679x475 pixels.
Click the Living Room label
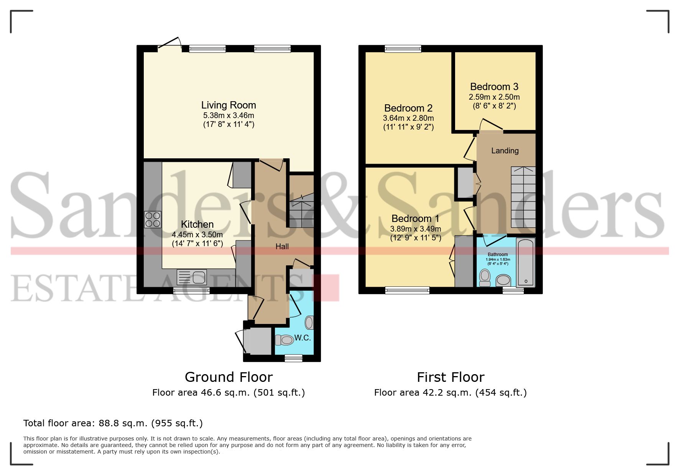pyautogui.click(x=229, y=105)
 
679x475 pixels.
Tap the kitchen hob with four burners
pyautogui.click(x=153, y=220)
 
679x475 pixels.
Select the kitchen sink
pyautogui.click(x=192, y=277)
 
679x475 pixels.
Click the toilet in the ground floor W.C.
pyautogui.click(x=284, y=340)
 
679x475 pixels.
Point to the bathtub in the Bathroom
pyautogui.click(x=526, y=262)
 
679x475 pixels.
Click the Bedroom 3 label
pyautogui.click(x=494, y=87)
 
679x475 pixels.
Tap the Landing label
pyautogui.click(x=505, y=151)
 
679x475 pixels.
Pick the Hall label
pyautogui.click(x=282, y=247)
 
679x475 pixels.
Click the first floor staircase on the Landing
pyautogui.click(x=523, y=197)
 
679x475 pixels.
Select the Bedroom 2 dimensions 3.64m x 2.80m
pyautogui.click(x=408, y=118)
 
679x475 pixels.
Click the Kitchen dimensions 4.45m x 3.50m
pyautogui.click(x=197, y=235)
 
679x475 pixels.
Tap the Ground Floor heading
pyautogui.click(x=229, y=377)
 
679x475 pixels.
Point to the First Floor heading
pyautogui.click(x=450, y=377)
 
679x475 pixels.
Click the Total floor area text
pyautogui.click(x=113, y=423)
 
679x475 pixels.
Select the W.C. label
pyautogui.click(x=303, y=338)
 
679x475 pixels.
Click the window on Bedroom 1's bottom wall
pyautogui.click(x=407, y=291)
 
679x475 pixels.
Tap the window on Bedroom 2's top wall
pyautogui.click(x=403, y=49)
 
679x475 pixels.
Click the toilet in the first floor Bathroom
pyautogui.click(x=485, y=278)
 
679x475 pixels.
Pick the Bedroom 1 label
pyautogui.click(x=415, y=219)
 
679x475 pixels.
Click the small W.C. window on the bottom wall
pyautogui.click(x=293, y=358)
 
